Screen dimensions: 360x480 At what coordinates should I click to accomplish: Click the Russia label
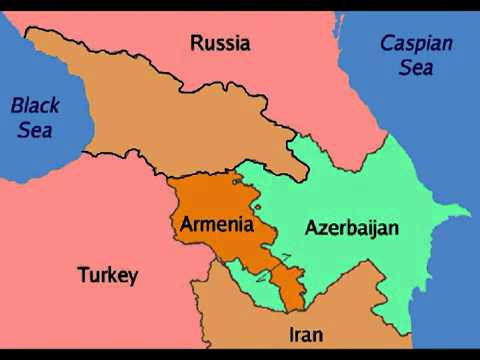click(x=219, y=43)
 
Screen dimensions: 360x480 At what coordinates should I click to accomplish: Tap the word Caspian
click(x=416, y=44)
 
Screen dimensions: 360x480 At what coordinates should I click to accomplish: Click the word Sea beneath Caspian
click(x=416, y=68)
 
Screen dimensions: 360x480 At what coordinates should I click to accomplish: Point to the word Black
click(x=35, y=104)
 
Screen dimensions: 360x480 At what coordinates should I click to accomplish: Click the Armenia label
click(x=216, y=225)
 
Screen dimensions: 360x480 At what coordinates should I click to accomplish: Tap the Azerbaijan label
click(x=351, y=228)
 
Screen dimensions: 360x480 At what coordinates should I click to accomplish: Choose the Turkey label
click(x=107, y=275)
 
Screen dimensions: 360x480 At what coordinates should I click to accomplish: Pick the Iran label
click(x=305, y=334)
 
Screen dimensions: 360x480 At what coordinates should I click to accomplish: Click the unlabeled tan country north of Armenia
click(x=150, y=110)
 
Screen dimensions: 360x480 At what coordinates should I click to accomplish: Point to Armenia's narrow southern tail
click(x=291, y=290)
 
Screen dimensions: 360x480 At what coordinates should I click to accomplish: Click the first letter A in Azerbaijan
click(x=311, y=228)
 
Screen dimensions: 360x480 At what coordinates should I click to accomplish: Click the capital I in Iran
click(x=291, y=334)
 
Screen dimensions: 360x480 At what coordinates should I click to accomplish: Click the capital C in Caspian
click(x=387, y=44)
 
